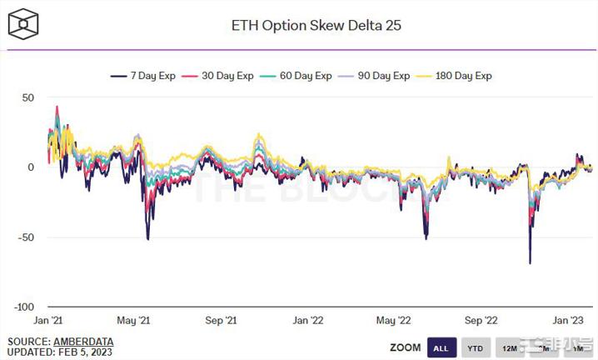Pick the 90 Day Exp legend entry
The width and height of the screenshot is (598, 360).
[x=379, y=76]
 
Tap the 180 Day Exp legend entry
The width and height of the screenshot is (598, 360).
[x=460, y=76]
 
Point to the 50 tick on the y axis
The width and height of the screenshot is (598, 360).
[x=27, y=97]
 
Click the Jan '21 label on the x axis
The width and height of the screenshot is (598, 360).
[x=48, y=320]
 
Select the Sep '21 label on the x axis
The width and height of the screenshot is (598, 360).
[x=221, y=320]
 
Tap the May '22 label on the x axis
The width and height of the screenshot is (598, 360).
[x=394, y=320]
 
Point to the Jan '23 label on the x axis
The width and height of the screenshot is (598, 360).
[x=568, y=320]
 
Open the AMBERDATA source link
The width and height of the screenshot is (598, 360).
[x=83, y=342]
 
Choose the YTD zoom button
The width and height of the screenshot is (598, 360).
[x=475, y=347]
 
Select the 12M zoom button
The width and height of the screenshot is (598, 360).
[x=509, y=347]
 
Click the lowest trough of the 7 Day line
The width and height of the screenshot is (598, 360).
[x=530, y=263]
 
